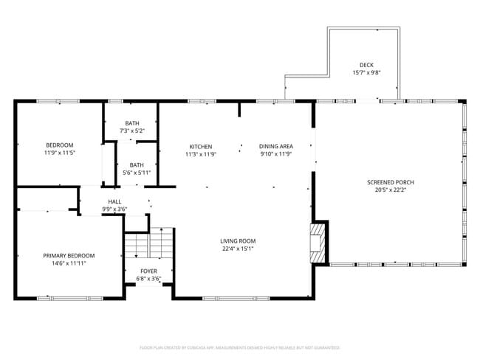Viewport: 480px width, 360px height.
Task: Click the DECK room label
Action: click(x=366, y=65)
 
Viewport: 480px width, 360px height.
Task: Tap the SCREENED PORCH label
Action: click(x=391, y=182)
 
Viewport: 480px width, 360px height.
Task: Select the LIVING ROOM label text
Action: click(x=238, y=240)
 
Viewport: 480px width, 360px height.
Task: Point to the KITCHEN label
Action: click(x=200, y=146)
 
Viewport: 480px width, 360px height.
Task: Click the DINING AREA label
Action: click(x=276, y=146)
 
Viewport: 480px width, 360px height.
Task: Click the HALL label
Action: click(x=114, y=201)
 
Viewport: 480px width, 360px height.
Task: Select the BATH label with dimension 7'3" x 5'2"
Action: click(x=131, y=123)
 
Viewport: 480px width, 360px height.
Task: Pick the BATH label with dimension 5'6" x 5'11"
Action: click(x=137, y=165)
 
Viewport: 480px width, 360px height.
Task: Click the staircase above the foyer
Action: click(x=148, y=243)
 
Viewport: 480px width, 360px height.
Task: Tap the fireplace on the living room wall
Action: click(x=318, y=241)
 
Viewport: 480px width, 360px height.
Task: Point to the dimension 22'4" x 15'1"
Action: click(x=238, y=249)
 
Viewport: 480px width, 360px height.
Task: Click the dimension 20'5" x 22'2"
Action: click(x=391, y=190)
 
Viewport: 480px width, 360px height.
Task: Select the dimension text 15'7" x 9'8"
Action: click(x=366, y=72)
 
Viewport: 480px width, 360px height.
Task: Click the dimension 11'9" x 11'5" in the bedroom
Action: click(x=60, y=153)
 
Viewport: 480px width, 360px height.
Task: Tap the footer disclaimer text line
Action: click(x=240, y=347)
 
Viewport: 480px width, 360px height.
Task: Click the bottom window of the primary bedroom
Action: click(x=70, y=298)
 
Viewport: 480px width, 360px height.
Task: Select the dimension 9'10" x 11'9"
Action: click(x=276, y=154)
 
